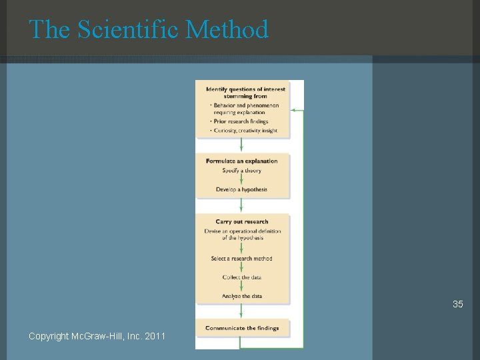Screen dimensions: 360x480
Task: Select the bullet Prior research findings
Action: (240, 121)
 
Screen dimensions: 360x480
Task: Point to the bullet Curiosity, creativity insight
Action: (245, 131)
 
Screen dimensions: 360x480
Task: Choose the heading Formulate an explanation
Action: (241, 161)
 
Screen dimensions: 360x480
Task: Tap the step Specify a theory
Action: (241, 171)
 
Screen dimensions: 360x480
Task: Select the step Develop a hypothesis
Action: (241, 189)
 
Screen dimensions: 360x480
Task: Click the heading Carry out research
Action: (241, 221)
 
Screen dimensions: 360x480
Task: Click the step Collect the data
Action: (241, 277)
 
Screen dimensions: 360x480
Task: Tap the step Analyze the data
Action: (241, 296)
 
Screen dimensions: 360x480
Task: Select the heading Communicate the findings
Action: (241, 327)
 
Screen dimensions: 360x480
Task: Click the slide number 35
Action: (457, 304)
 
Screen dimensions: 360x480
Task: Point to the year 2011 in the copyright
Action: (157, 335)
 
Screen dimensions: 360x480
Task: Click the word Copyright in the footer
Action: (49, 335)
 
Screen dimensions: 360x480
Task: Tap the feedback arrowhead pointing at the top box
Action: (294, 109)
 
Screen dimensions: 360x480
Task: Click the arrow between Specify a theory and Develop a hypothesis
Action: (241, 180)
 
